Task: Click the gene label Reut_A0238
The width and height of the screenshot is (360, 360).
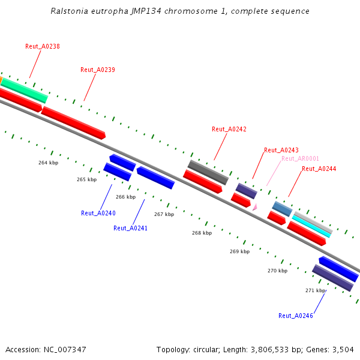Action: point(43,46)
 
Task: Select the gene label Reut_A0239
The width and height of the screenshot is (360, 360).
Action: point(98,70)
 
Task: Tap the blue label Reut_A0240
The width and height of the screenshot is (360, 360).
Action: point(98,213)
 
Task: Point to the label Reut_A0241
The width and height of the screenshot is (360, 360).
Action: point(130,228)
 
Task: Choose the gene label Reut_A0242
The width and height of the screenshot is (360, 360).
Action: point(229,129)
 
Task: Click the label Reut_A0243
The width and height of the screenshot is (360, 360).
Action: point(281,150)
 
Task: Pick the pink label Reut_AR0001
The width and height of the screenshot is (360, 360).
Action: point(301,158)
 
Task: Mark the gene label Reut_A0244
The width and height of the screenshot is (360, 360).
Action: point(319,169)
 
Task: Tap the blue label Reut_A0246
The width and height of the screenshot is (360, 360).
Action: point(296,316)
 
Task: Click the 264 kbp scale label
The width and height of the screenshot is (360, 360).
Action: point(49,163)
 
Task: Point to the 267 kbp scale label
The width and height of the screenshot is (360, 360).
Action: point(164,214)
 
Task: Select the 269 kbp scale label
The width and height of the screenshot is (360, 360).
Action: point(239,251)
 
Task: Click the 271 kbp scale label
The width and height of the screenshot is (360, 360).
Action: point(315,290)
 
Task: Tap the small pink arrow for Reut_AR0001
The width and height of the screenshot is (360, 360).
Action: point(255,206)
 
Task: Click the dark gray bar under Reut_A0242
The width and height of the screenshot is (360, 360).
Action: point(208,172)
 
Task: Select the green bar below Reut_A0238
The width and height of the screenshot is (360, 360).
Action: point(24,90)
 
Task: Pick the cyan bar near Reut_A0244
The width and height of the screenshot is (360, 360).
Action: point(311,227)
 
